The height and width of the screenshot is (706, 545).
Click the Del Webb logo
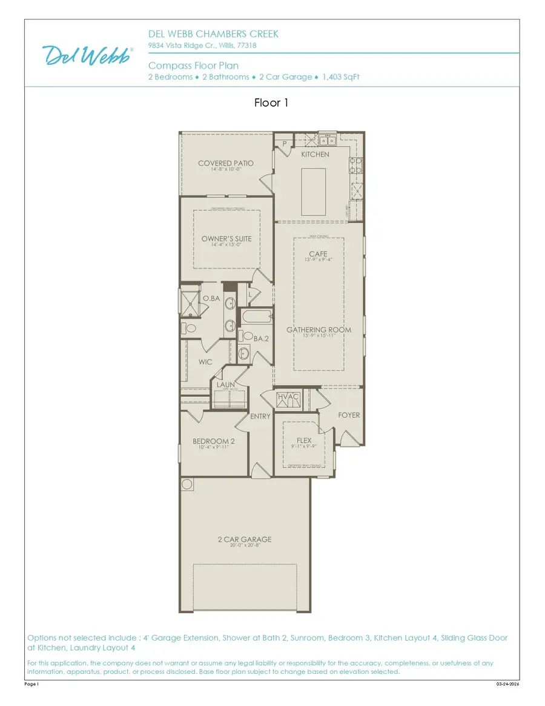point(88,55)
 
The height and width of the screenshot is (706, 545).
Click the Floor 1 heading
point(271,103)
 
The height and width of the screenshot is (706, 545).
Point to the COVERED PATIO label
point(225,163)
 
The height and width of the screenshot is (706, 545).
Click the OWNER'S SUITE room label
point(226,239)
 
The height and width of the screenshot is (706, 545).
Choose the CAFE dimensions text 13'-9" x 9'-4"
point(318,260)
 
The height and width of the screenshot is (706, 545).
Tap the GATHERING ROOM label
point(319,330)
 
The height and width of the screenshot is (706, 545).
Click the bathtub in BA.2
point(256,317)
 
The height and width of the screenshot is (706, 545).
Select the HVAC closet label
point(289,398)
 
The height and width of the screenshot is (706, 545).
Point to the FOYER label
point(349,415)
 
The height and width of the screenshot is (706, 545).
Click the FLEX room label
point(303,441)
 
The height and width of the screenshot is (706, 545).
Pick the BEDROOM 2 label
point(213,441)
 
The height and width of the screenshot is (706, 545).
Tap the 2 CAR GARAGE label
point(245,539)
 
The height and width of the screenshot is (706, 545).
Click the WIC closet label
point(205,362)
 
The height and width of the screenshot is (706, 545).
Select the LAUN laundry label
point(225,384)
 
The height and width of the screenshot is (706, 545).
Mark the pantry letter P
point(284,144)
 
